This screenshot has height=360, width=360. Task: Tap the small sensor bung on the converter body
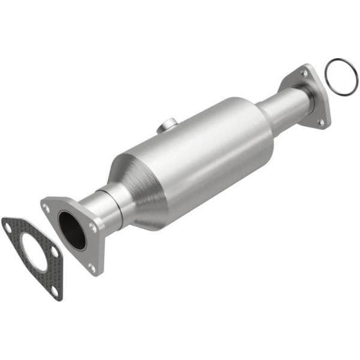click(167, 125)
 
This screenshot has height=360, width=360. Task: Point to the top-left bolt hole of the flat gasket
click(8, 226)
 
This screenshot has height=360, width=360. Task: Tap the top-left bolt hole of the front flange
click(46, 208)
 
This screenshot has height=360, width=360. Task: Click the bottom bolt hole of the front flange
click(92, 266)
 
